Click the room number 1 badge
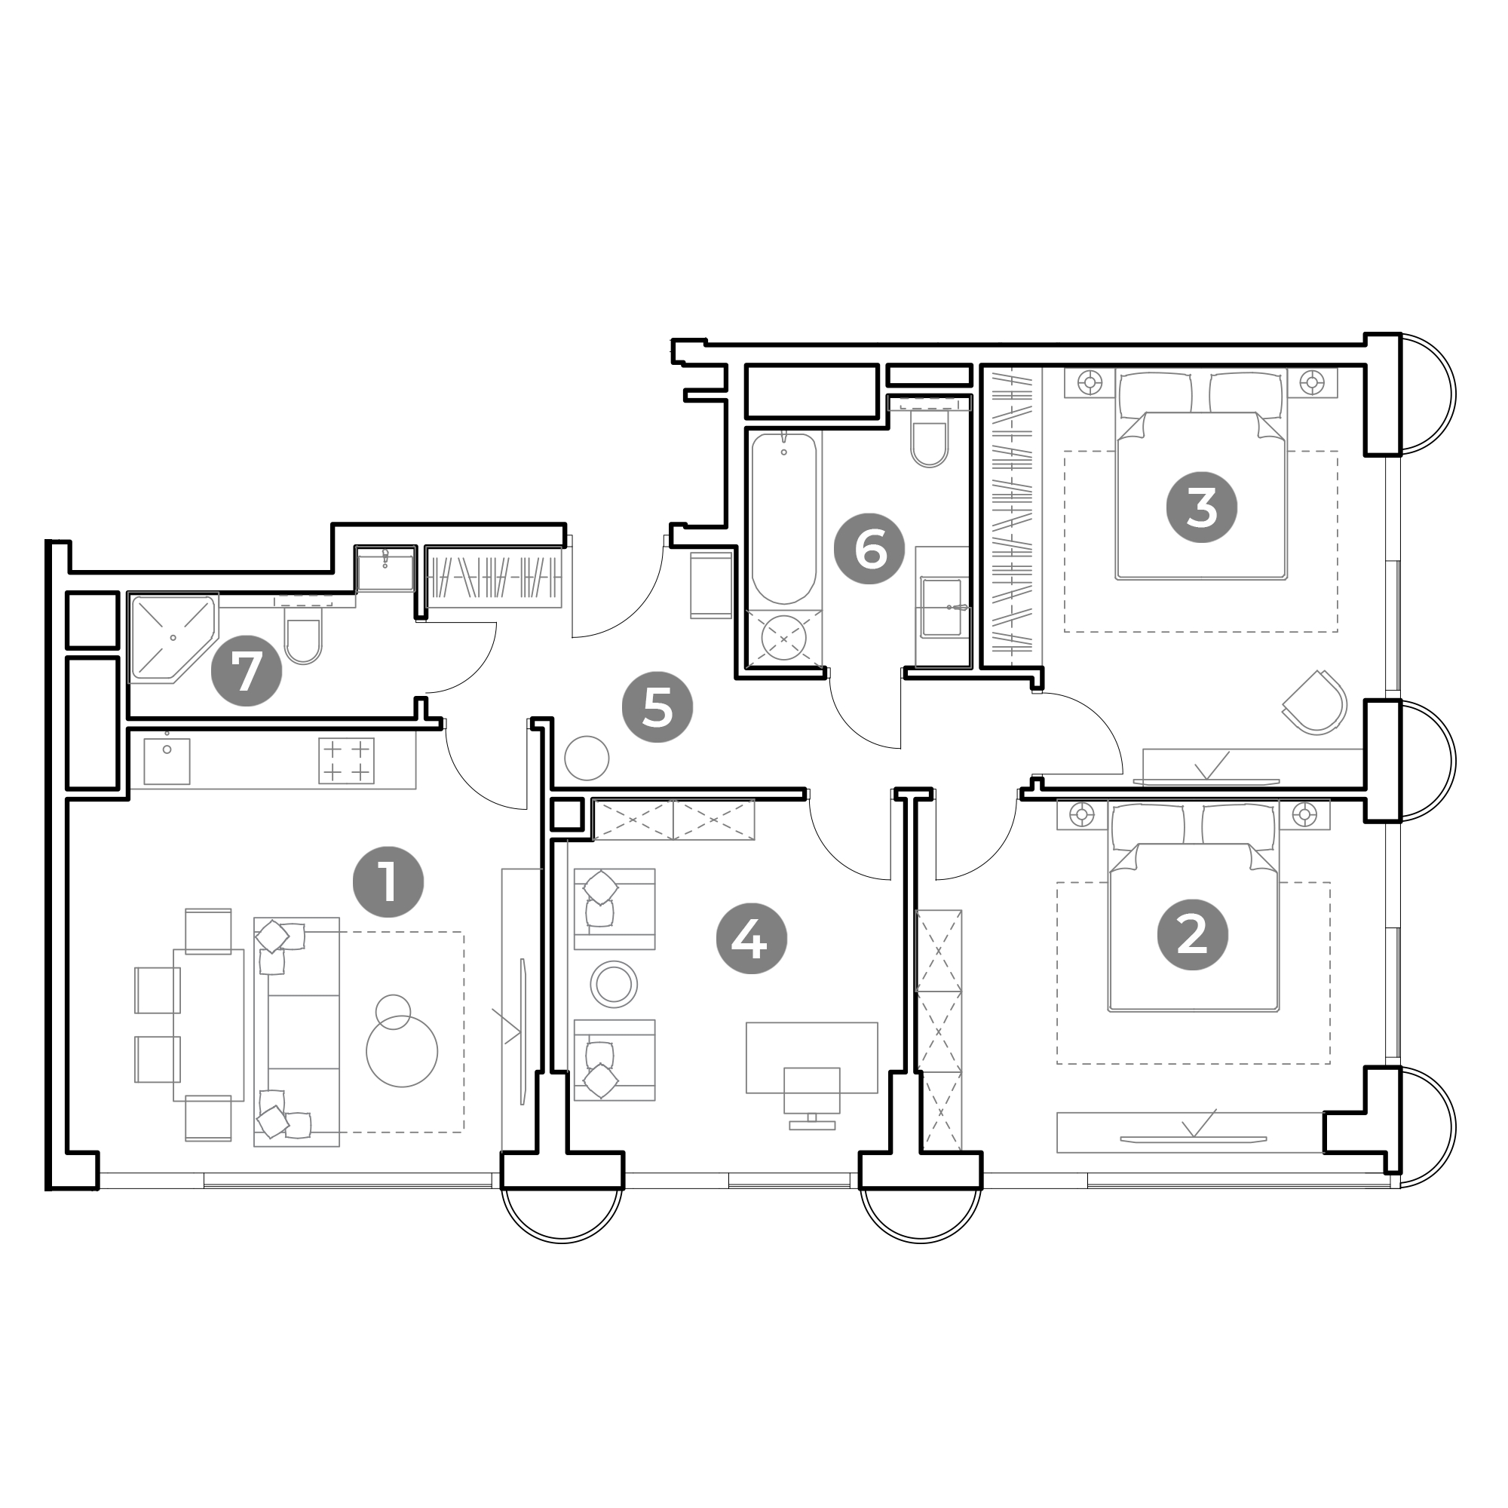(388, 882)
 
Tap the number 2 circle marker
(1192, 934)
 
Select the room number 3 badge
(1201, 507)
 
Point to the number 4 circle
(752, 938)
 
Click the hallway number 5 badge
(657, 707)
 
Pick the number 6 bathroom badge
(870, 549)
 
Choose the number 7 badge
(247, 670)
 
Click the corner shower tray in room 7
(173, 639)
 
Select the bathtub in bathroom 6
(783, 519)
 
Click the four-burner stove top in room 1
(346, 760)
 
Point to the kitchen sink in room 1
(167, 761)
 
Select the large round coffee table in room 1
(402, 1051)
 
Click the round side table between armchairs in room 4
(614, 983)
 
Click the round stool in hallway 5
(586, 757)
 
